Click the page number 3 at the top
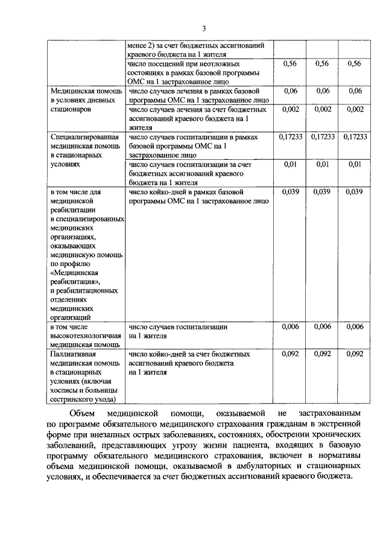point(204,28)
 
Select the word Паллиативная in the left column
point(72,354)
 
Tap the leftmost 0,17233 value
point(289,137)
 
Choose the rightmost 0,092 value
point(355,354)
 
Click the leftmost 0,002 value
point(289,109)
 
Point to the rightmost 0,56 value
point(355,64)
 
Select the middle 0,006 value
point(322,326)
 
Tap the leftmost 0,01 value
point(289,164)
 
